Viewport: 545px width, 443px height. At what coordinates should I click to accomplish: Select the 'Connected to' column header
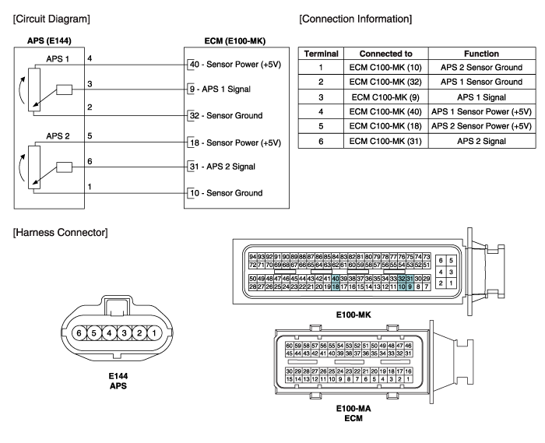click(x=381, y=54)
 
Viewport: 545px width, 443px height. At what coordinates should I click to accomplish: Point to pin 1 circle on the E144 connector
click(x=153, y=332)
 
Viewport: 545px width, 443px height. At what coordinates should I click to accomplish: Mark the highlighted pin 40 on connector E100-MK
click(x=336, y=278)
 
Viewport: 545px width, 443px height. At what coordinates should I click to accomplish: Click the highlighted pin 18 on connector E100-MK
click(x=336, y=287)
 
